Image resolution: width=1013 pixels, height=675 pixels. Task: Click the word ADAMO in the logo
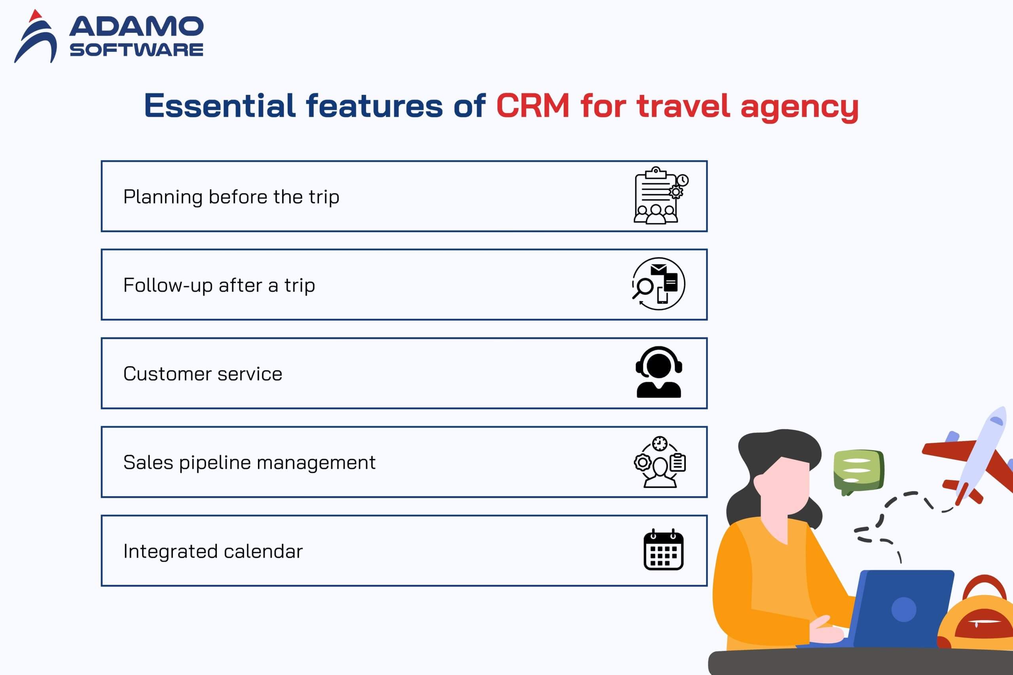pos(136,26)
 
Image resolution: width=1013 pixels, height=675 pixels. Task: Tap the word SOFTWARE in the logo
pos(137,49)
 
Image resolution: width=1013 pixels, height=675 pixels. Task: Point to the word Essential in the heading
pos(220,106)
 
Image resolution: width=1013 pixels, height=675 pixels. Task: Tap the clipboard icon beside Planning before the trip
pos(661,195)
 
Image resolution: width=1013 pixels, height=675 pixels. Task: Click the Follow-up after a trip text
pos(219,285)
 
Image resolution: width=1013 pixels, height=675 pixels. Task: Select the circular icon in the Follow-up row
pos(658,284)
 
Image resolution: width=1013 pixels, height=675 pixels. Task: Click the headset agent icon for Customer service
pos(659,372)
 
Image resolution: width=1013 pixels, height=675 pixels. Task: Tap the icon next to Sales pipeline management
pos(660,462)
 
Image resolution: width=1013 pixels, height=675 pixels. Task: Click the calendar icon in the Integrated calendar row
pos(664,550)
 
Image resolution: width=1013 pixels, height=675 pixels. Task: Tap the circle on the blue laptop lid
pos(904,610)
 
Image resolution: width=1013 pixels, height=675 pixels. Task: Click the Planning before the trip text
pos(231,197)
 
